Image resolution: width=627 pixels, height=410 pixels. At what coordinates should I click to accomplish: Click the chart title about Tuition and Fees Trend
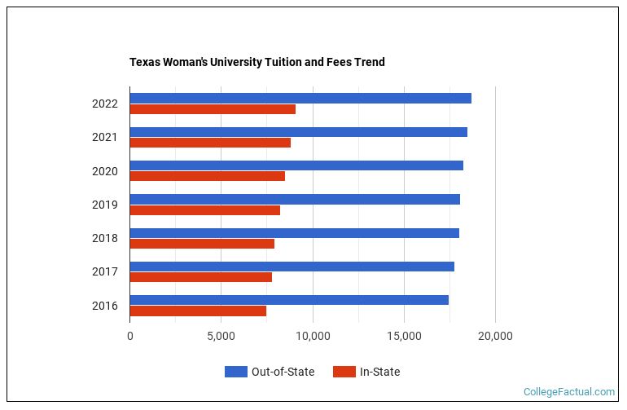[x=256, y=62]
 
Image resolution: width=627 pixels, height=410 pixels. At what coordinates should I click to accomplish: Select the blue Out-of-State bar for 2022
[x=300, y=98]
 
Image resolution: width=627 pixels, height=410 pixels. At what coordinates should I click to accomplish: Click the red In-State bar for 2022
[x=213, y=109]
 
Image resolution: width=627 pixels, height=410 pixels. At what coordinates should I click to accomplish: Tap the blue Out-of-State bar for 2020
[x=296, y=165]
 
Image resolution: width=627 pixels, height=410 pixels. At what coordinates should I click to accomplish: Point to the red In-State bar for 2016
[x=198, y=311]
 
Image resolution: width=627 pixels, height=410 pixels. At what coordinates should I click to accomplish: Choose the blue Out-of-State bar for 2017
[x=292, y=267]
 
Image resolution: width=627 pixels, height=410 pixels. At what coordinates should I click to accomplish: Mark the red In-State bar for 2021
[x=210, y=143]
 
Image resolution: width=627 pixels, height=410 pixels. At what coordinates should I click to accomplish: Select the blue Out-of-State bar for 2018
[x=294, y=233]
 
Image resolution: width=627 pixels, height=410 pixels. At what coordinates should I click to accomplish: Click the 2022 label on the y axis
[x=105, y=104]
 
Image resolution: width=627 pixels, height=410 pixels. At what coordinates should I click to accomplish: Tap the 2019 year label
[x=105, y=205]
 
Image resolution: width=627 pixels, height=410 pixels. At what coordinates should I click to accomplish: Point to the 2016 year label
[x=105, y=306]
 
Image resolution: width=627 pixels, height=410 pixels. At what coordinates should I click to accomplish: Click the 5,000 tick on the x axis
[x=221, y=336]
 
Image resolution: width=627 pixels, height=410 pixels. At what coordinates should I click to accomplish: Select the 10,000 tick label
[x=312, y=336]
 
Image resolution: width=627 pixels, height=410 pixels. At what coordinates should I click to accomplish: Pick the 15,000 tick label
[x=404, y=336]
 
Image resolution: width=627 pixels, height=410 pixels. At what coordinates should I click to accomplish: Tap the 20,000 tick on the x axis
[x=495, y=336]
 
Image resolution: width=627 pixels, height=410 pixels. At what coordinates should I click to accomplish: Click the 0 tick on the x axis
[x=130, y=336]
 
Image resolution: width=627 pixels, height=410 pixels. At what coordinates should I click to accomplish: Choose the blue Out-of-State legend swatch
[x=235, y=372]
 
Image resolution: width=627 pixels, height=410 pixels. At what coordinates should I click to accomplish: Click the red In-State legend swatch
[x=344, y=372]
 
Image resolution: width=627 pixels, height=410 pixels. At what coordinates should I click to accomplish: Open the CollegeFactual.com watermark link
[x=568, y=392]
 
